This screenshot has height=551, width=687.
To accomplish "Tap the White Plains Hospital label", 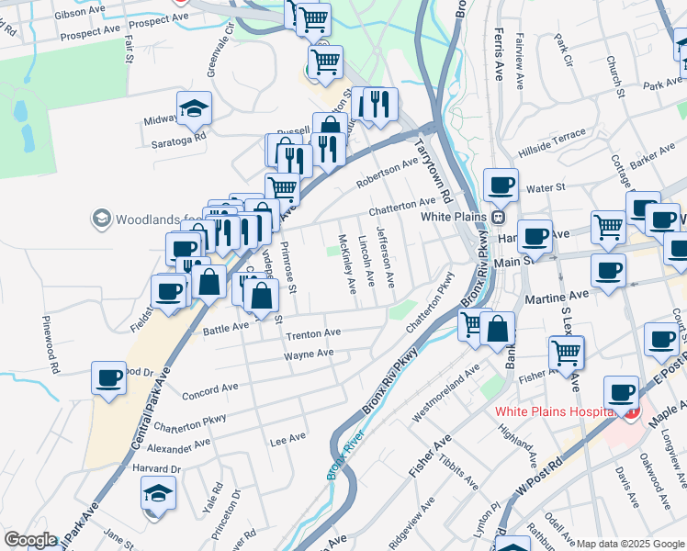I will tap(553, 410).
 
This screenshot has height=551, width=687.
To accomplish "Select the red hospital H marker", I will tap(630, 413).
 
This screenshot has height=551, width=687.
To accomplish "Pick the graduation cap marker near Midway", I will tap(194, 109).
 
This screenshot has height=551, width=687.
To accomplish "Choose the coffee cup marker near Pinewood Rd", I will tap(108, 377).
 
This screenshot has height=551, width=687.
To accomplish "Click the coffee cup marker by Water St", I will tap(501, 185).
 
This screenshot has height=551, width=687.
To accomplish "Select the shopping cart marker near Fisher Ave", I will tap(566, 352).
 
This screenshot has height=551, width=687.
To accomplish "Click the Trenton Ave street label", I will tap(313, 333).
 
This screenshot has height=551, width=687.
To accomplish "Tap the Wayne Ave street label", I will tap(309, 354).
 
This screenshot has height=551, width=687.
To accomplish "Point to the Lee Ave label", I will tap(287, 440).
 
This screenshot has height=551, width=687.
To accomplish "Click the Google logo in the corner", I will tap(30, 540).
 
